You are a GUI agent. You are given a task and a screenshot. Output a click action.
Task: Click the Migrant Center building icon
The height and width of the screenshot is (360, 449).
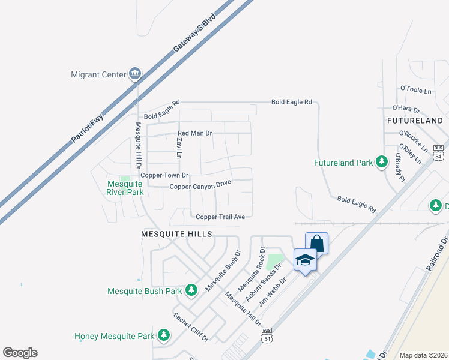pos(135,74)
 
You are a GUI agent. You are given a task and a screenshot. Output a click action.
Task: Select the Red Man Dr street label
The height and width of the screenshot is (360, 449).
pos(195,133)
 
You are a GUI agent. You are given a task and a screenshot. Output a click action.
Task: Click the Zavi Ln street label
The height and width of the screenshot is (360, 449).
pos(178,148)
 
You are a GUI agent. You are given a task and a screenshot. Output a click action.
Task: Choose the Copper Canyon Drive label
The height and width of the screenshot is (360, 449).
pos(200,186)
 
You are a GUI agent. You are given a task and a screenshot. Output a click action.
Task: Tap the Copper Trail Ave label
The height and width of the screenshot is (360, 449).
pos(220,217)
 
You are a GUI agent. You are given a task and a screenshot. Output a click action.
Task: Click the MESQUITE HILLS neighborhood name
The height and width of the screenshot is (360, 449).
pos(176,233)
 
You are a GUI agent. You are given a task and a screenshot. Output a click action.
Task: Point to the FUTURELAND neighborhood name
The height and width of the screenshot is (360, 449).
pos(415,121)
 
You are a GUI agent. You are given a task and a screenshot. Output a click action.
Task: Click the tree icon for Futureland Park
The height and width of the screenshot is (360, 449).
pos(381,162)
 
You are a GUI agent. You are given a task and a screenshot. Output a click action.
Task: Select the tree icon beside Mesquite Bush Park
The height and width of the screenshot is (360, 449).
pos(191,291)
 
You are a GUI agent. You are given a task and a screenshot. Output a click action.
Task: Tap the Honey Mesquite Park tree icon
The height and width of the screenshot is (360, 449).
pos(163,336)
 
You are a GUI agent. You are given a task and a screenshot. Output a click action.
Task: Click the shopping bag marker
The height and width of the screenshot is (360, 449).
pos(316,244)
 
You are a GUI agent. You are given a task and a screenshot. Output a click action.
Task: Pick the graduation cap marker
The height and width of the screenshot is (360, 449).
pos(304,260)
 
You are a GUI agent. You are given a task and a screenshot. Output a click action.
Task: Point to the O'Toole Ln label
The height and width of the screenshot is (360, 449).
pos(416,90)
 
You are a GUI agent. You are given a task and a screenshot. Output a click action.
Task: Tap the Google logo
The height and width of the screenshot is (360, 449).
pos(20,353)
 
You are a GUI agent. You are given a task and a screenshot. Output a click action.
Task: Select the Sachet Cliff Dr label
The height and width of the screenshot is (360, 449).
pos(190,327)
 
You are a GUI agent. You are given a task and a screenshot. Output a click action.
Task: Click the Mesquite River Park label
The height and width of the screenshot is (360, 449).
pos(125,188)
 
